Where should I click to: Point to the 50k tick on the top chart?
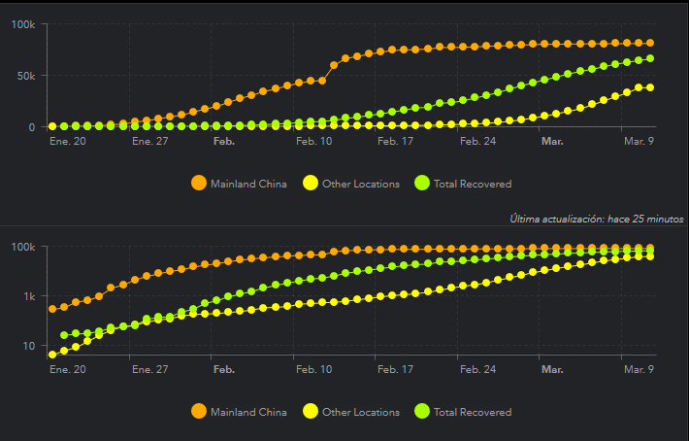[26, 76]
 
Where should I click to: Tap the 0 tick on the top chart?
[32, 127]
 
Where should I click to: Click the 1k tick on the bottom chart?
[28, 296]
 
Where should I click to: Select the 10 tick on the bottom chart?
[29, 347]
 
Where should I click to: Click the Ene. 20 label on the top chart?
[67, 141]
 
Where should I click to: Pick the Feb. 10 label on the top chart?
[313, 141]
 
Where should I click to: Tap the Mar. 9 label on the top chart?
[638, 141]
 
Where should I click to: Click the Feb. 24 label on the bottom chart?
[477, 370]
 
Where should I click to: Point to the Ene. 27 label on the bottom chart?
[149, 370]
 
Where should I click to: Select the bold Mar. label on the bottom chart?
[552, 370]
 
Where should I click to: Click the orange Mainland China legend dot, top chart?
[199, 183]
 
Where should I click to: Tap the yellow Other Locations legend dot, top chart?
[311, 183]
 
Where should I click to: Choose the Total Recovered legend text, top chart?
[473, 184]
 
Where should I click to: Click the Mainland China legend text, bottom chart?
[248, 412]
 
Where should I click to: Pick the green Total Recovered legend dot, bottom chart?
[422, 412]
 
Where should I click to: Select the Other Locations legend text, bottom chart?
[361, 412]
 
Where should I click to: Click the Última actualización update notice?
[597, 219]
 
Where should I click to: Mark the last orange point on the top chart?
[650, 43]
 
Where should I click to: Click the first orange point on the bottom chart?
[52, 309]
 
